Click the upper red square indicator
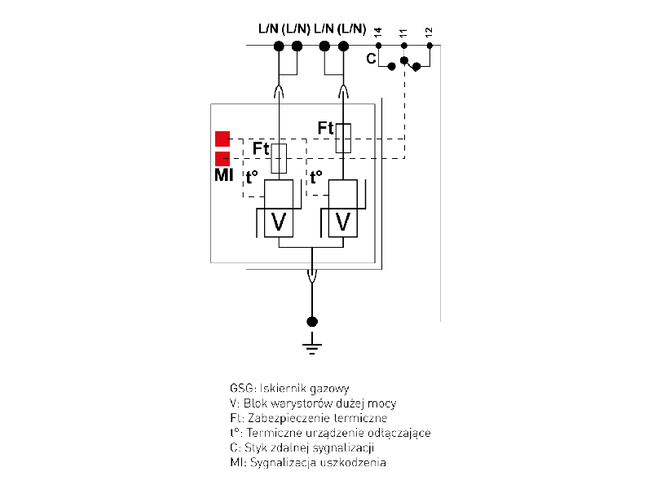coord(222,139)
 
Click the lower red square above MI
coord(222,159)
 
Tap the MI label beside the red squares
coord(223,175)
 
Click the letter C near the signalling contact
coord(371,59)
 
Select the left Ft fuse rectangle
coord(279,157)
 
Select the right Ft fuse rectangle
coord(343,139)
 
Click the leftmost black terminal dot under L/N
coord(279,45)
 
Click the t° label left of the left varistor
coord(252,175)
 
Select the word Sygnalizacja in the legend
coord(277,463)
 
